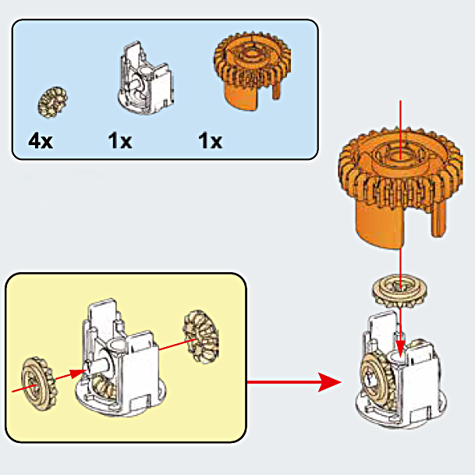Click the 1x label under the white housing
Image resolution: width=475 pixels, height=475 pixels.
(x=120, y=141)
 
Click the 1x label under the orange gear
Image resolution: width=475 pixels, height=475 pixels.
(x=210, y=141)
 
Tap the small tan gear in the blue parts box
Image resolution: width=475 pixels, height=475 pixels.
(x=54, y=99)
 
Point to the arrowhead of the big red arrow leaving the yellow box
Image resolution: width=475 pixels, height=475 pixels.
(x=331, y=382)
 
